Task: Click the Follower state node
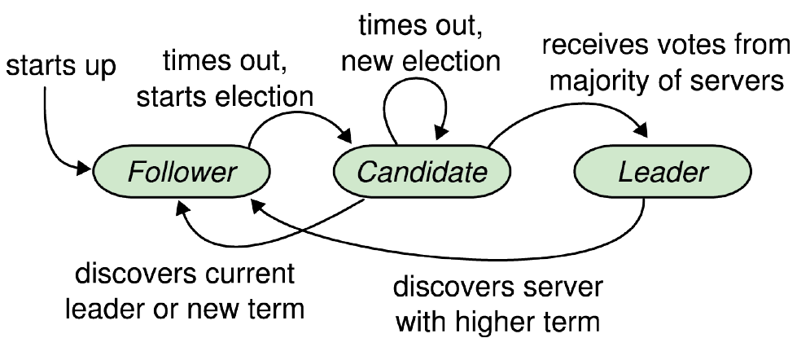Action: (182, 172)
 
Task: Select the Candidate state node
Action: (422, 172)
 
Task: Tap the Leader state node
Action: (663, 172)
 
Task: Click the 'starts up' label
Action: (61, 67)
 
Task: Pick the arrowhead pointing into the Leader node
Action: (641, 130)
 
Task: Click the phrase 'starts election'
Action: (225, 97)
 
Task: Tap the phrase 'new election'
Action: (421, 61)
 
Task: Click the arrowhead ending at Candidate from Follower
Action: (344, 136)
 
